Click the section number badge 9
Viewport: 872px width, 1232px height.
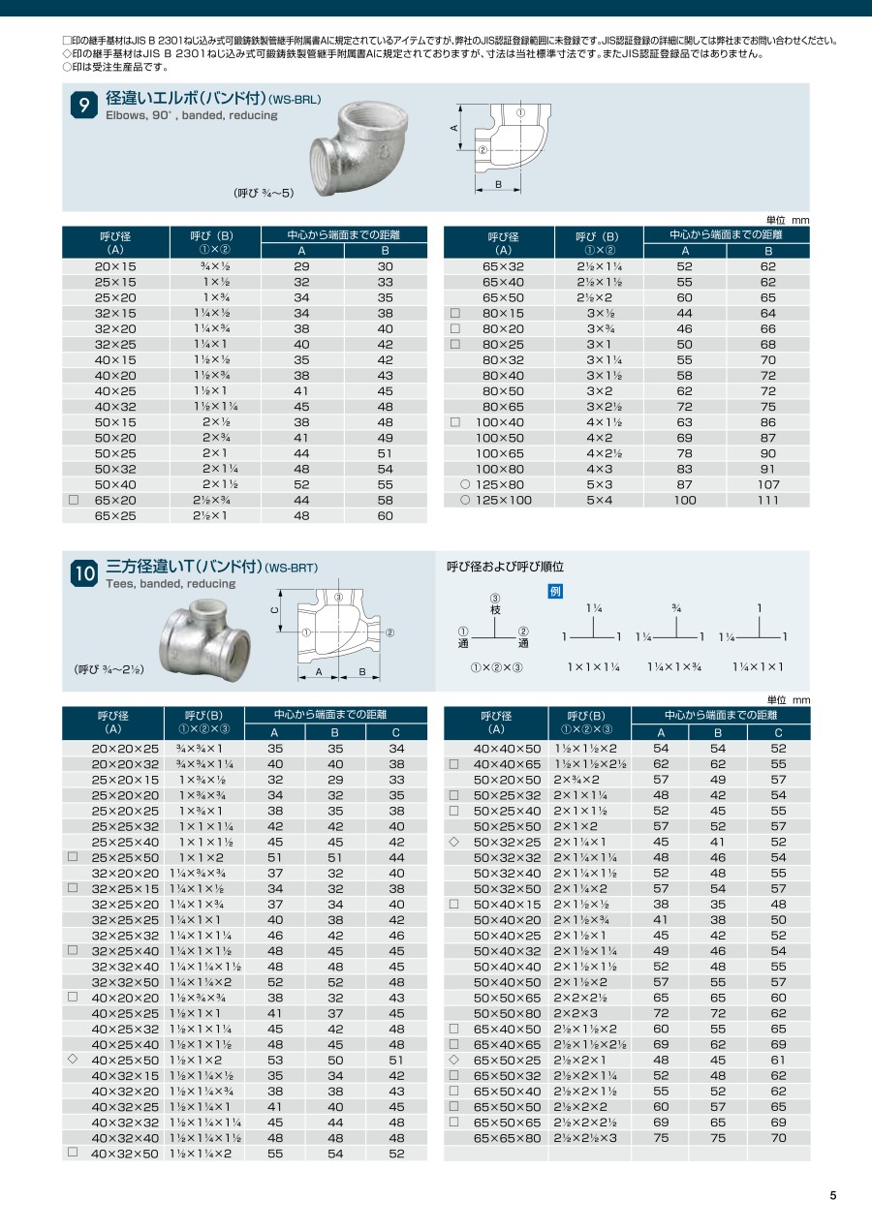(84, 105)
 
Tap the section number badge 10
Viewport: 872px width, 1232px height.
(84, 573)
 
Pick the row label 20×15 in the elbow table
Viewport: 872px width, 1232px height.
(115, 265)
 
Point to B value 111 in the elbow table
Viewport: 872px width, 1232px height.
(767, 500)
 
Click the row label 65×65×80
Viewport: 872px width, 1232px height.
(507, 1138)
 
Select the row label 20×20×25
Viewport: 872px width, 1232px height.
(125, 749)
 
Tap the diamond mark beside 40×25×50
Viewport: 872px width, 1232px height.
(73, 1060)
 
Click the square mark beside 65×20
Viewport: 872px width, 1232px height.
(73, 500)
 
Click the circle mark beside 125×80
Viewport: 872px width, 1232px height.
(465, 484)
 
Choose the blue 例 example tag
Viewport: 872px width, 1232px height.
(555, 591)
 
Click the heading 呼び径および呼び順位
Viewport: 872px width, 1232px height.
(504, 566)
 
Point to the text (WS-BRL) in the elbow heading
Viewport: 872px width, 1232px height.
(295, 100)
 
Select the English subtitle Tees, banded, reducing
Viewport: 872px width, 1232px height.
(171, 584)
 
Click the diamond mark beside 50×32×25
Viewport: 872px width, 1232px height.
(453, 842)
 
